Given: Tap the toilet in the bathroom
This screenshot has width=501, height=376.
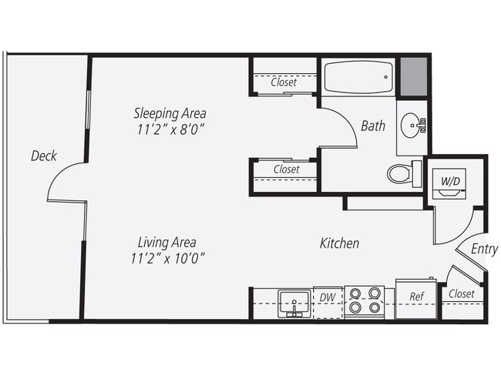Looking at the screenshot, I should click(x=402, y=173).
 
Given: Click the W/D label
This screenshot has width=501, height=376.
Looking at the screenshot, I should click(x=452, y=182).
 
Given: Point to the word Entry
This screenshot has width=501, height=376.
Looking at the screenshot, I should click(x=484, y=249).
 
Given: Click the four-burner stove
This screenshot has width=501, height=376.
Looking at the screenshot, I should click(x=365, y=300).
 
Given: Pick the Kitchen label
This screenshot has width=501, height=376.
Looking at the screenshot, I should click(x=339, y=243).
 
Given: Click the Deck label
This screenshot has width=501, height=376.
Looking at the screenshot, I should click(x=44, y=156).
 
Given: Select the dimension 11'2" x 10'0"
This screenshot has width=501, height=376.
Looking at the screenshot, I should click(x=168, y=257).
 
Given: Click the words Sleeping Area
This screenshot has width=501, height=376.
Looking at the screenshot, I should click(x=170, y=113).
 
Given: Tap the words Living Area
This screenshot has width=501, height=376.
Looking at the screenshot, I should click(x=168, y=240).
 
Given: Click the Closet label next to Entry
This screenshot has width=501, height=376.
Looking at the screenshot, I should click(x=461, y=294).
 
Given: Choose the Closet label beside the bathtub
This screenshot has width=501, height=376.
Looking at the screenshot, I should click(x=284, y=82).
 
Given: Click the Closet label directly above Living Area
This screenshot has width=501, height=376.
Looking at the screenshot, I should click(x=286, y=169).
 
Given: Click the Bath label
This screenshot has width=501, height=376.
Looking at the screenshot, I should click(x=373, y=126).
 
